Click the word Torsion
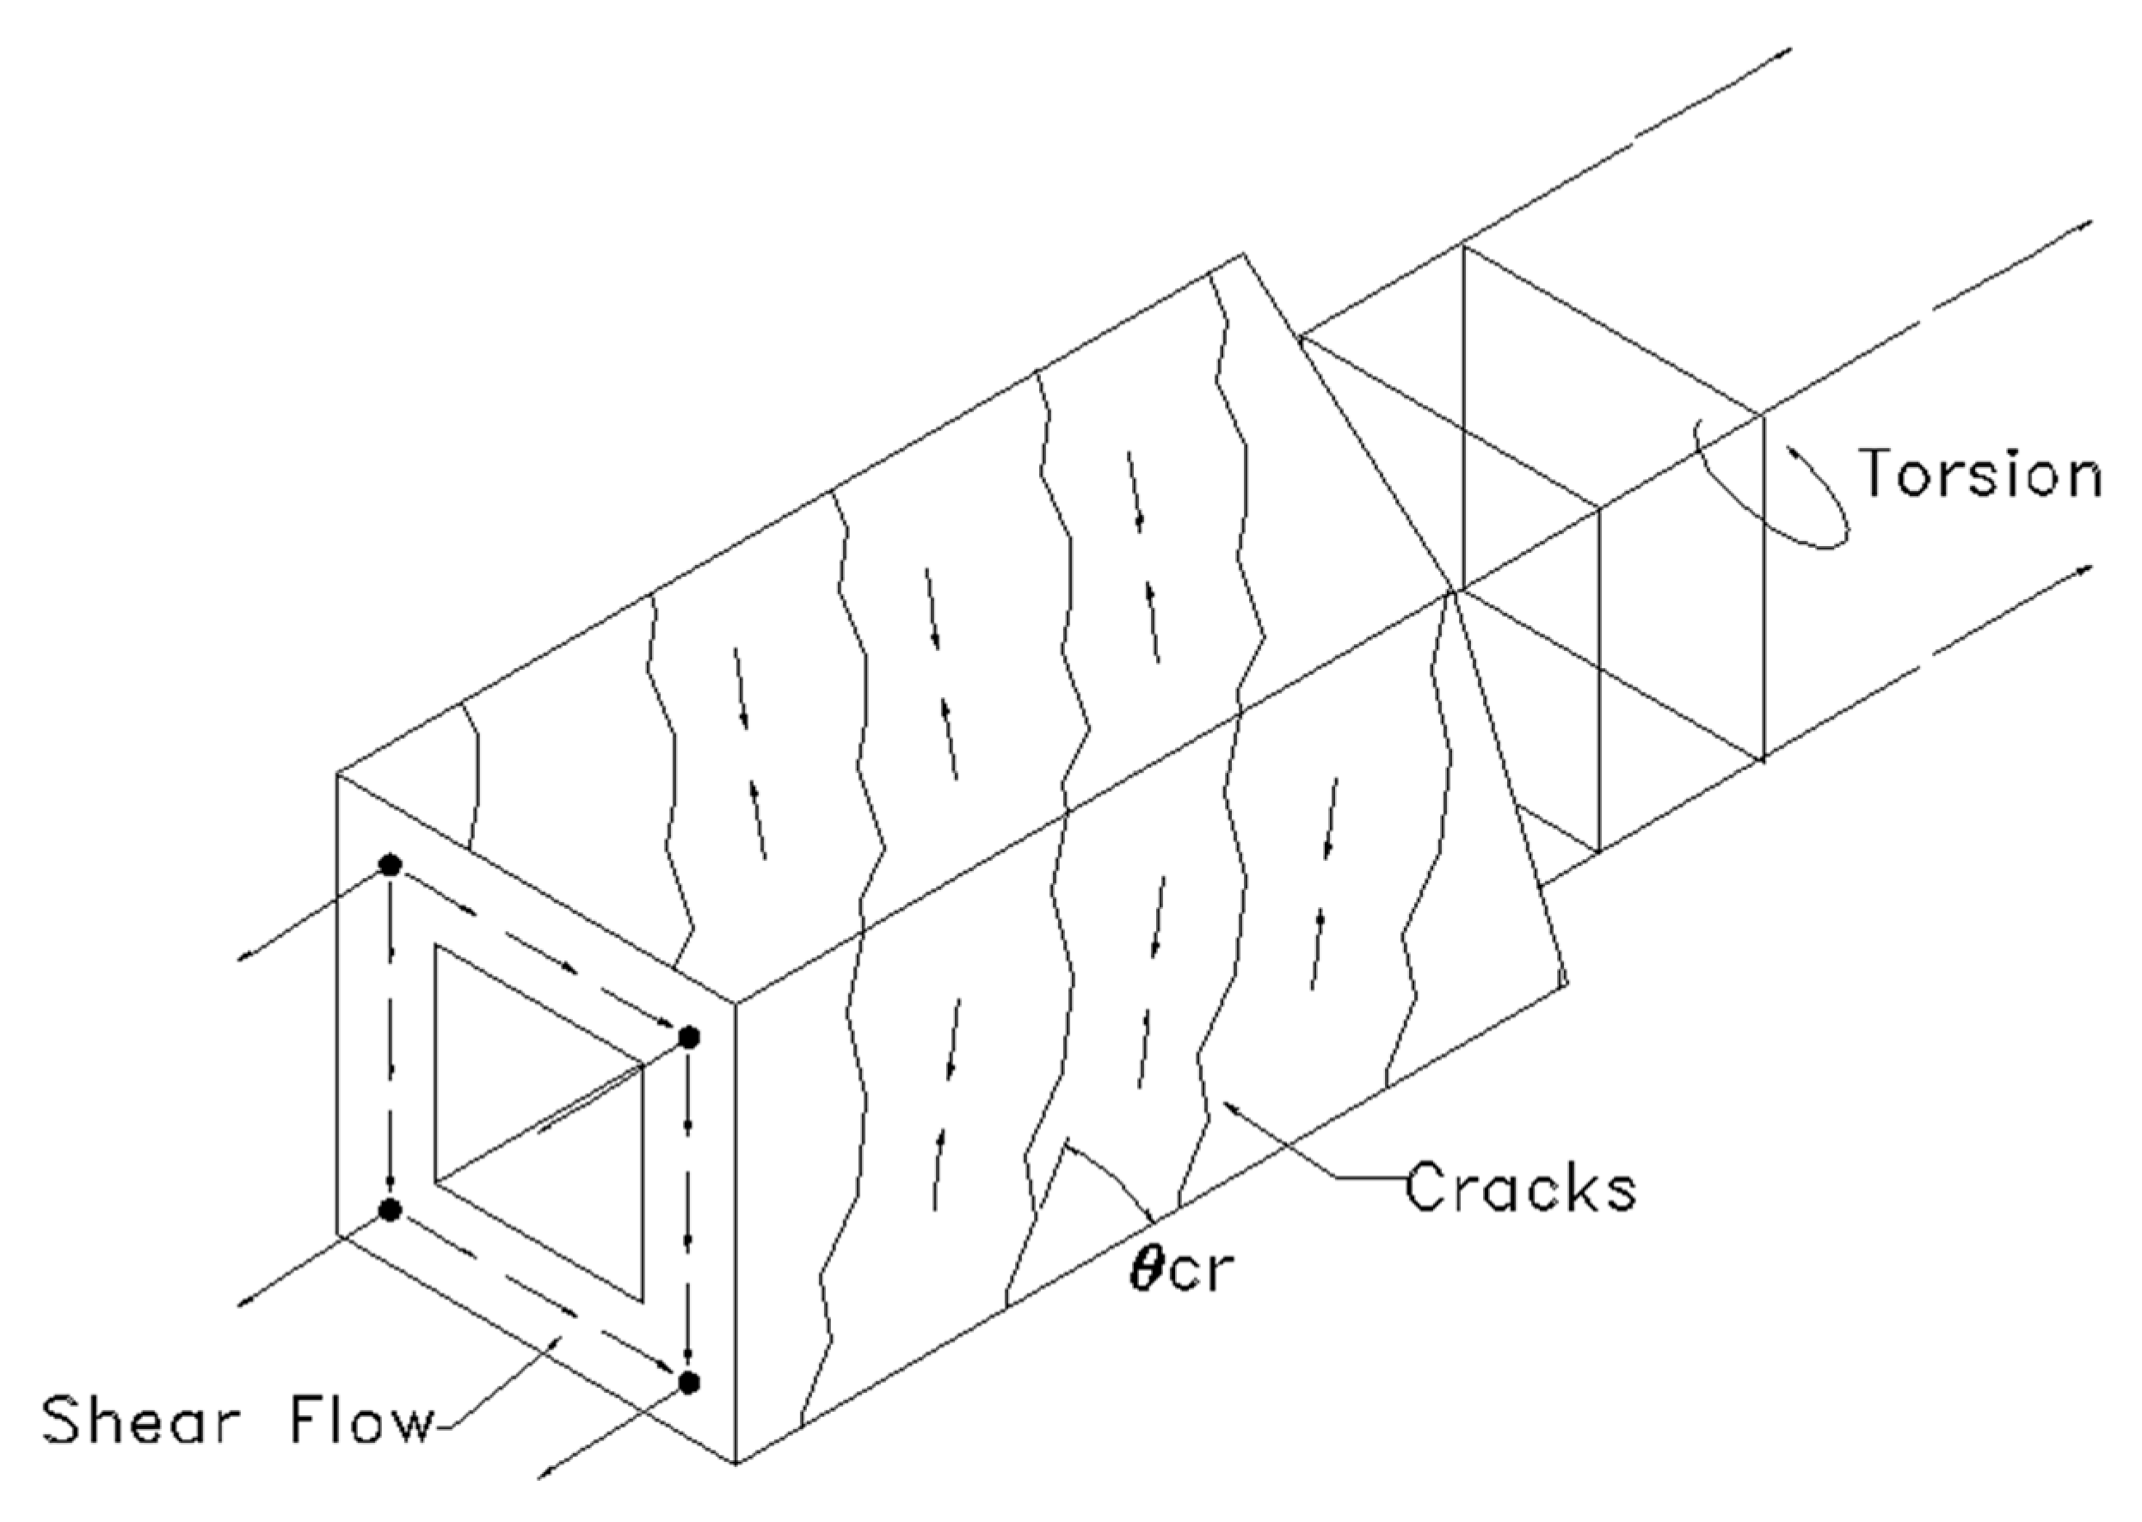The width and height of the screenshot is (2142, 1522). point(1979,473)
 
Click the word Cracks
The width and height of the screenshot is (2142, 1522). point(1521,1188)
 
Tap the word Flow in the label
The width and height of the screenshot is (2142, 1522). point(361,1421)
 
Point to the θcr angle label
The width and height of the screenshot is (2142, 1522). point(1179,1272)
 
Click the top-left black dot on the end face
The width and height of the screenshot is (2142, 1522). point(390,864)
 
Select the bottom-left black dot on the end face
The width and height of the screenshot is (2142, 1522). point(390,1209)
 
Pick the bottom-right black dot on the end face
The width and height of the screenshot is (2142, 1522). point(689,1382)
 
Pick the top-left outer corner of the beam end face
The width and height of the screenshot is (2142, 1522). point(337,773)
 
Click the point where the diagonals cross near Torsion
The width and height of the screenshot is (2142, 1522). point(1452,591)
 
